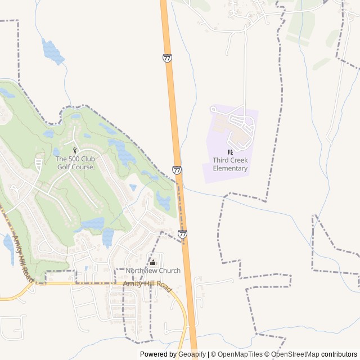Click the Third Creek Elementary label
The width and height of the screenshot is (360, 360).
(230, 164)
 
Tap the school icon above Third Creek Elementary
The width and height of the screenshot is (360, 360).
(229, 152)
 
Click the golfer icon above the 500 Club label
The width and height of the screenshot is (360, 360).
(75, 150)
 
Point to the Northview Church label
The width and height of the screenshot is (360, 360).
(153, 271)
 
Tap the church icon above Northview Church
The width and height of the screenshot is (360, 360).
(153, 262)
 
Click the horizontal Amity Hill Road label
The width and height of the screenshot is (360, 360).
(147, 286)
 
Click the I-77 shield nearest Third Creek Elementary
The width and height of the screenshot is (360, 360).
(177, 169)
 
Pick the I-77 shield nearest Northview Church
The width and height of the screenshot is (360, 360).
(182, 233)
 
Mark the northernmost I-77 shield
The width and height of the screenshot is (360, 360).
(167, 58)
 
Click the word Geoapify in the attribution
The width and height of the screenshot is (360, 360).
(191, 354)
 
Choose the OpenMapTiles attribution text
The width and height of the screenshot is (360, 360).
(240, 354)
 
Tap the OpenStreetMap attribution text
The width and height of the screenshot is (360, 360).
(295, 354)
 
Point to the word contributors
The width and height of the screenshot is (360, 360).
(339, 354)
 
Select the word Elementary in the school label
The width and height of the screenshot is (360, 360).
(230, 168)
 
